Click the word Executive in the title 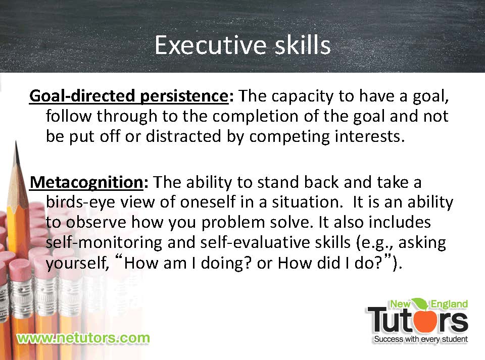point(210,45)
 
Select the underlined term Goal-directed point(82,96)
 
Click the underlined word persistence point(184,96)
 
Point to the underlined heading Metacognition point(86,182)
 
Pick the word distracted point(183,136)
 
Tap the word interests point(367,136)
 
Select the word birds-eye point(80,202)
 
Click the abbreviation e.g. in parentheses point(374,243)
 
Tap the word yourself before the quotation point(77,264)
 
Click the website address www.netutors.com point(83,338)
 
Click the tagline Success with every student point(421,339)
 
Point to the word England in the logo point(449,304)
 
